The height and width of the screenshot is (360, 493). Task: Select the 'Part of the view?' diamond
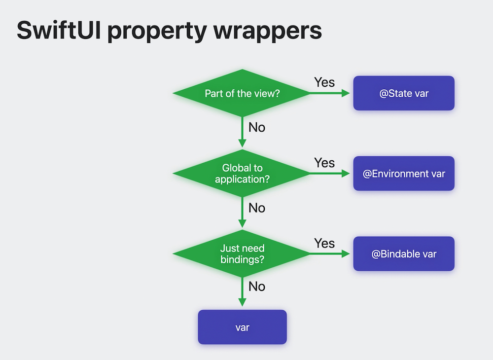click(x=242, y=93)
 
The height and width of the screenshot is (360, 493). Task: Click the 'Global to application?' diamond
click(x=242, y=174)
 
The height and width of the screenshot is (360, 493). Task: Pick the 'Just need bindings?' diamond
click(x=242, y=253)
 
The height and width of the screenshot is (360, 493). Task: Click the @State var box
click(x=403, y=93)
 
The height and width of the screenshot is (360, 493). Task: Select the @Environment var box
click(x=403, y=174)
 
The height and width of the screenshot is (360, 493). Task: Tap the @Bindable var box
click(x=403, y=254)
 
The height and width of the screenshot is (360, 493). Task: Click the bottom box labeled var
click(x=242, y=327)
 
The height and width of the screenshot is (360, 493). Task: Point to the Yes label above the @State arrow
click(x=324, y=82)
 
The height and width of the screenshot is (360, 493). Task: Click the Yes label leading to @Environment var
click(x=324, y=163)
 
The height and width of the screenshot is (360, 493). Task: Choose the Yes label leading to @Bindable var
click(x=324, y=243)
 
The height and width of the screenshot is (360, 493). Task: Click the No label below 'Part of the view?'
click(x=257, y=127)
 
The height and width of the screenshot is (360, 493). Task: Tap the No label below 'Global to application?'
click(x=257, y=208)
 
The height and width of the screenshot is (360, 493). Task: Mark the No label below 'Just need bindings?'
click(x=257, y=287)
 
